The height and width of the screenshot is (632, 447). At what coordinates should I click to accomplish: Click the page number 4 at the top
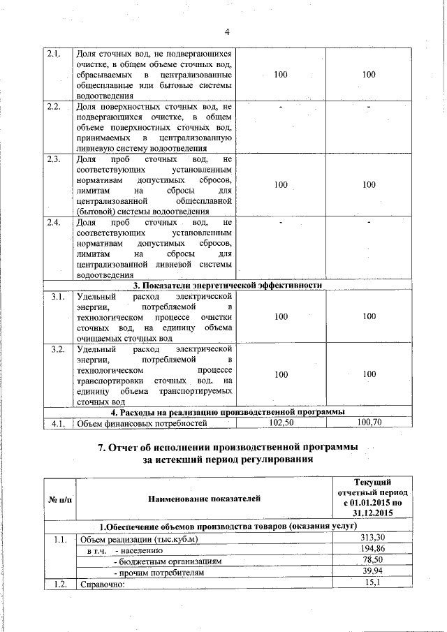(227, 31)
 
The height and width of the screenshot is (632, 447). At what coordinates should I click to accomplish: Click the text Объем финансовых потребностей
(142, 423)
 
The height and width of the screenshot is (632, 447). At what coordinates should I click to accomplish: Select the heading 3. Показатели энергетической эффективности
(227, 286)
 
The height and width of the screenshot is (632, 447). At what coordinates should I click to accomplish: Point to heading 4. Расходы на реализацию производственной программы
(227, 412)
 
